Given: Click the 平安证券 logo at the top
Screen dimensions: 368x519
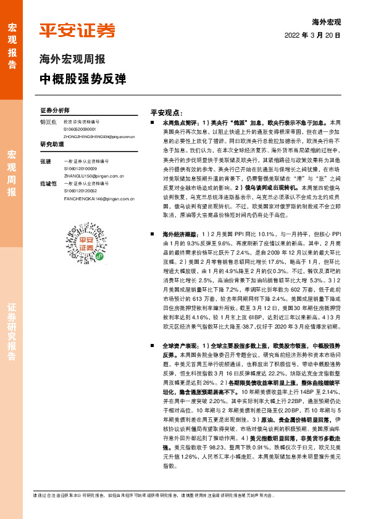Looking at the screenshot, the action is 77,31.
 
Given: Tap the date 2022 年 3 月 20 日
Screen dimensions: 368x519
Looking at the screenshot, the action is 313,36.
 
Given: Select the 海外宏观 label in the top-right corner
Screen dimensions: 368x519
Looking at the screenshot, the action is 327,22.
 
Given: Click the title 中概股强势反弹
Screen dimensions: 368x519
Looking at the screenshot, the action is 82,79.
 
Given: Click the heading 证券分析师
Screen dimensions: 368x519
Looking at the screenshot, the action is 55,110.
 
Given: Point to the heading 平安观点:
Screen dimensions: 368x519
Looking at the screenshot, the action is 166,113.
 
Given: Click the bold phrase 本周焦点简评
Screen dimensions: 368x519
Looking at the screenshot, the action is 180,123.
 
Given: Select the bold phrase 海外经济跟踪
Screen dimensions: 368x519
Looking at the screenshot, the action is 180,235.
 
